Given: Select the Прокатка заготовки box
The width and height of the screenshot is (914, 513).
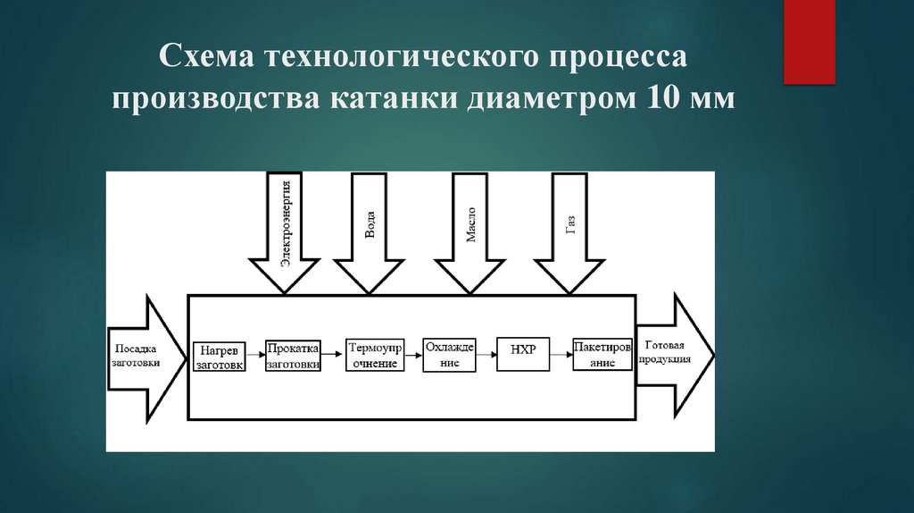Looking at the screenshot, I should [x=294, y=355].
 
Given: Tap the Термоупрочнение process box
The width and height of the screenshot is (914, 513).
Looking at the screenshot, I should [x=375, y=355].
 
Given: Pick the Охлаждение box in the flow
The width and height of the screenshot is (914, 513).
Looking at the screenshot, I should [x=450, y=355].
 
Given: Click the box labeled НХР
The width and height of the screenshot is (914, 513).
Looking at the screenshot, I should [x=523, y=350].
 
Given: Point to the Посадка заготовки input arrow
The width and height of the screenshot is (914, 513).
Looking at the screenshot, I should [x=138, y=357].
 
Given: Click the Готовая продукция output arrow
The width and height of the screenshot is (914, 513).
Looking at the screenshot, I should [x=671, y=355].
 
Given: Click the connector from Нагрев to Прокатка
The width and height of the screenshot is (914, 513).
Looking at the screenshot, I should [x=253, y=355].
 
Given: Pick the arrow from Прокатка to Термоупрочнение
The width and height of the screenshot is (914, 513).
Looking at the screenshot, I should [x=333, y=355].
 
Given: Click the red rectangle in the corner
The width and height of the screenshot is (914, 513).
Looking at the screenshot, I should [x=809, y=41].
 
